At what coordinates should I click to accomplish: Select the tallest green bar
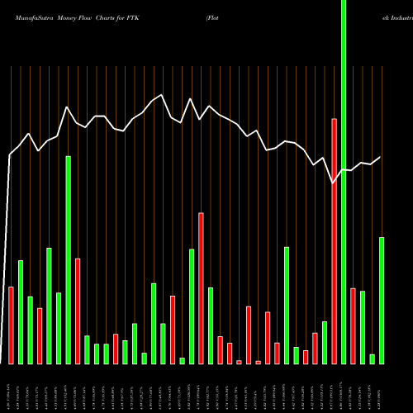click(x=344, y=182)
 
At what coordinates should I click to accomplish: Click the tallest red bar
click(x=335, y=240)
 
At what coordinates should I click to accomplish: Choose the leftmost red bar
click(x=12, y=325)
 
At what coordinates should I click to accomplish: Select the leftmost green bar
click(x=21, y=311)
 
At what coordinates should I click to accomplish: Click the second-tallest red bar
click(x=201, y=287)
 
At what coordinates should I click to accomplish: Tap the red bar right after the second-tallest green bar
click(x=78, y=311)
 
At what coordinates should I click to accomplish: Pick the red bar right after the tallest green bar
click(x=353, y=325)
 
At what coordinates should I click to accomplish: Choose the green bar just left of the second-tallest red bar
click(x=192, y=306)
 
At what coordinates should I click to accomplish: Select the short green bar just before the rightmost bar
click(x=373, y=358)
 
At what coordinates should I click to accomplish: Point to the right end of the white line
click(x=381, y=157)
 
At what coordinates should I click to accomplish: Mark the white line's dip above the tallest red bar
click(x=334, y=183)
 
